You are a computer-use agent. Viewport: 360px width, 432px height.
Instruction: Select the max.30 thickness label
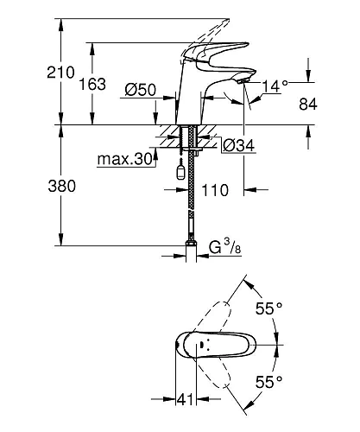123,158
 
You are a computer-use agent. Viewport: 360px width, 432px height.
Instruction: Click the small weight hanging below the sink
180,170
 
